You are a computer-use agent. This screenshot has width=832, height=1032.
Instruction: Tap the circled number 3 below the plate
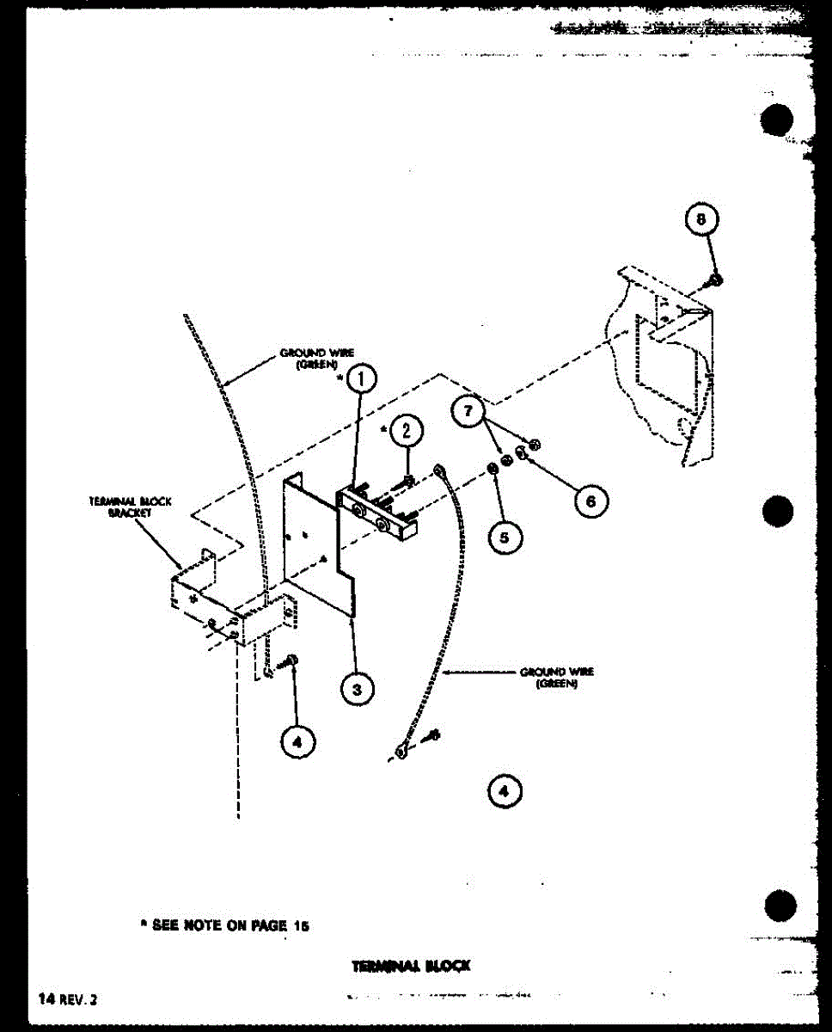click(x=356, y=687)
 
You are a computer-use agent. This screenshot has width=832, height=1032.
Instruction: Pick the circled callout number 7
click(x=468, y=412)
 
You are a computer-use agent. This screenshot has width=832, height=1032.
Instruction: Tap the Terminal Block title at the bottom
click(x=411, y=966)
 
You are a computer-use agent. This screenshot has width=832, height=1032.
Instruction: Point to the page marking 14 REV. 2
click(x=69, y=999)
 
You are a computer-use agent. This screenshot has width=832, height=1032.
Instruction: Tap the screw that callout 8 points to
click(x=714, y=279)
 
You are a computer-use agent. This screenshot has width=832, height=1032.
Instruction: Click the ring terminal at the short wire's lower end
click(x=401, y=754)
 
